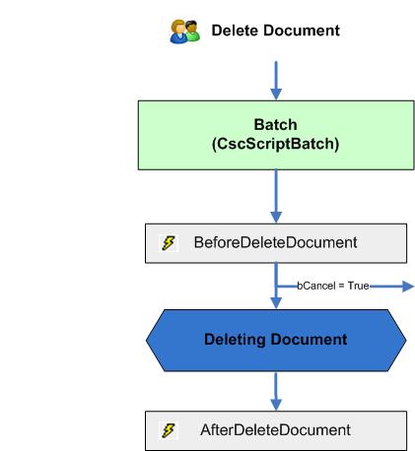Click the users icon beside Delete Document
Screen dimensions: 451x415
[177, 32]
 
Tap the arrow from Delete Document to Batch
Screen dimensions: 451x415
[276, 78]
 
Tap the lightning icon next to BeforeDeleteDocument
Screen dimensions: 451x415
[169, 242]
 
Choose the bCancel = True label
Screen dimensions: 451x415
[333, 286]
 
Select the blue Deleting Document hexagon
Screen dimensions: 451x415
[276, 340]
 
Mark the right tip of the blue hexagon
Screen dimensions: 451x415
[404, 340]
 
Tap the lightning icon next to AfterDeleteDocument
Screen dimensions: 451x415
[169, 430]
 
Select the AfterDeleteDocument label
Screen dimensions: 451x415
[275, 430]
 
